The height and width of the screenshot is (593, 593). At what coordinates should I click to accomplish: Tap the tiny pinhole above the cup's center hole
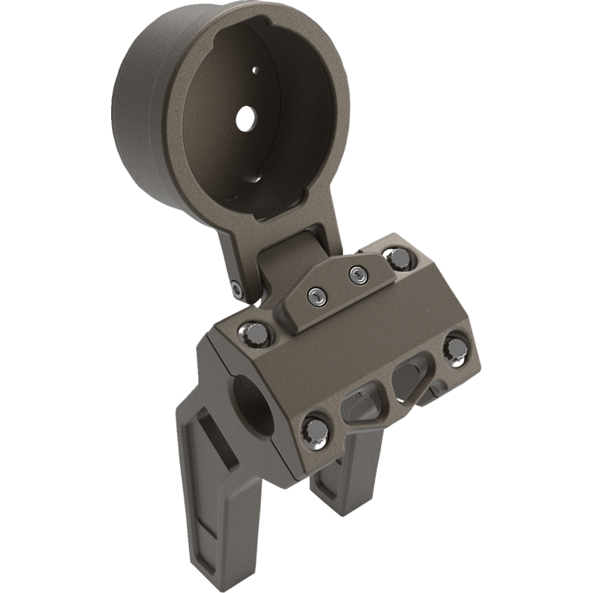tap(254, 70)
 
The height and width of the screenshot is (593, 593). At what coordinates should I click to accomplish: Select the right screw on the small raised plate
tap(357, 274)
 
